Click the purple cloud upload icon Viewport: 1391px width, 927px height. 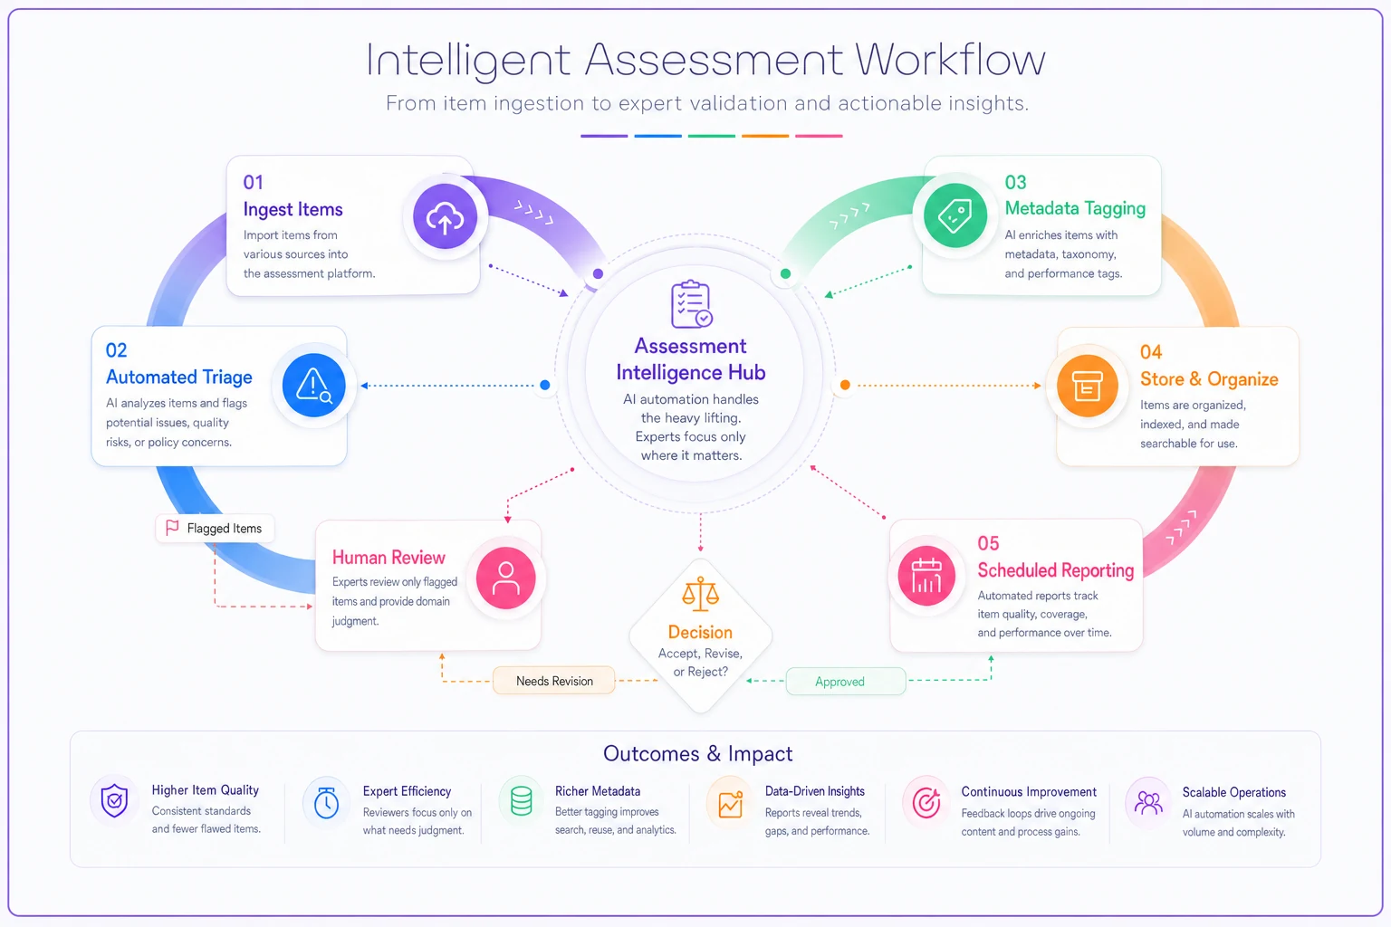coord(445,217)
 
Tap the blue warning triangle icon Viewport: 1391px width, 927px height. coord(313,386)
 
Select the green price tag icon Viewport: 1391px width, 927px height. coord(955,216)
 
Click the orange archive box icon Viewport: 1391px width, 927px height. coord(1088,387)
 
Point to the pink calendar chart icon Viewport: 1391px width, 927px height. coord(926,576)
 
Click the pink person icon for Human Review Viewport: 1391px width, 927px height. coord(506,578)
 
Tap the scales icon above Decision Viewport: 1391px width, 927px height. coord(700,594)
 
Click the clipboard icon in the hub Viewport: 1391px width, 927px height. coord(691,304)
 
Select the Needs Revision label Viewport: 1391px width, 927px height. coord(554,681)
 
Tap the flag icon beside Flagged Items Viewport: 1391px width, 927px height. coord(172,528)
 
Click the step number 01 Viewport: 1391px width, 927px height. coord(254,183)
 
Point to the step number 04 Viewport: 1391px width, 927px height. coord(1151,353)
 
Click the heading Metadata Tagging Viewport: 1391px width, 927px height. coord(1075,208)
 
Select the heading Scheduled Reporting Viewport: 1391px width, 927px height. coord(1056,570)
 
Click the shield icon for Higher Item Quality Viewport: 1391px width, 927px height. coord(114,800)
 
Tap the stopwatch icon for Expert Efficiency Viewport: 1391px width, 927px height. coord(326,802)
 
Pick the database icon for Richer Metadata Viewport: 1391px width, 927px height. coord(521,801)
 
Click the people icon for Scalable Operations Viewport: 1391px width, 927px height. coord(1149,804)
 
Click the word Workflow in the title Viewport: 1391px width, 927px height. coord(950,61)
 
